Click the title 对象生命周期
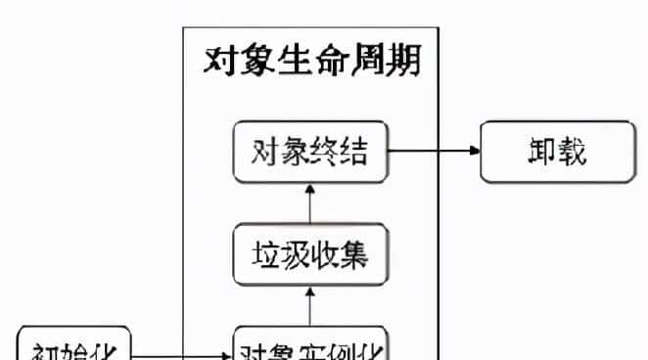point(311,61)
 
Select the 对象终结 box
point(309,152)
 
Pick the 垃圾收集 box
point(309,253)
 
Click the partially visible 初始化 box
point(74,347)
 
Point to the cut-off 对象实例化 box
point(309,347)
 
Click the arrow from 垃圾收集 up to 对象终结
point(309,202)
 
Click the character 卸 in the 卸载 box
point(534,152)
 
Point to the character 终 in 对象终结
point(324,153)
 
